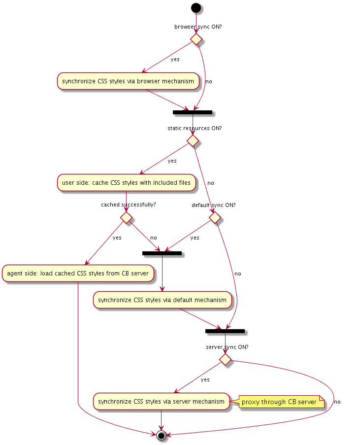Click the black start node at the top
coord(196,8)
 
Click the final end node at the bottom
coord(161,435)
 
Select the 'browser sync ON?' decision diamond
coord(196,38)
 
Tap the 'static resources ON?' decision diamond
coord(193,140)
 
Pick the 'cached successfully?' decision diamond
coord(127,216)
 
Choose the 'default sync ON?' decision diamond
coord(215,216)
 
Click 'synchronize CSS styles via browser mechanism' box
coord(128,81)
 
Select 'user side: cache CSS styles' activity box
coord(126,183)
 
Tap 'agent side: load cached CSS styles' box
coord(78,273)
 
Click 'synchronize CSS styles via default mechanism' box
coord(163,300)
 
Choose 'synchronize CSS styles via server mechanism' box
coord(162,402)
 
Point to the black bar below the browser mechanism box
coord(193,112)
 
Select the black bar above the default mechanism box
coord(162,253)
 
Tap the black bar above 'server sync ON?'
coord(225,330)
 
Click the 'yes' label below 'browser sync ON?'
coord(175,60)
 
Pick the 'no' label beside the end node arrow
coord(337,402)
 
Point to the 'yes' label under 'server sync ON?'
coord(205,379)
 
